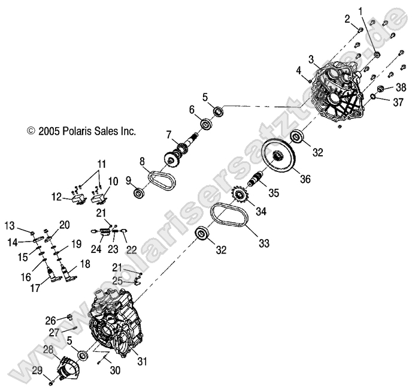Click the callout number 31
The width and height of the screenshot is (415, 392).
[x=158, y=360]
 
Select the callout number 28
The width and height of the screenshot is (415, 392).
[x=48, y=349]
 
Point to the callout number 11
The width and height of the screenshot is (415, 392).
[x=102, y=162]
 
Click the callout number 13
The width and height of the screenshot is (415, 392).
[x=10, y=225]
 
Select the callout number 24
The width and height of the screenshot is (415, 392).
[x=96, y=249]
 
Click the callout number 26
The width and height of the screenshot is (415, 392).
[x=50, y=319]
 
